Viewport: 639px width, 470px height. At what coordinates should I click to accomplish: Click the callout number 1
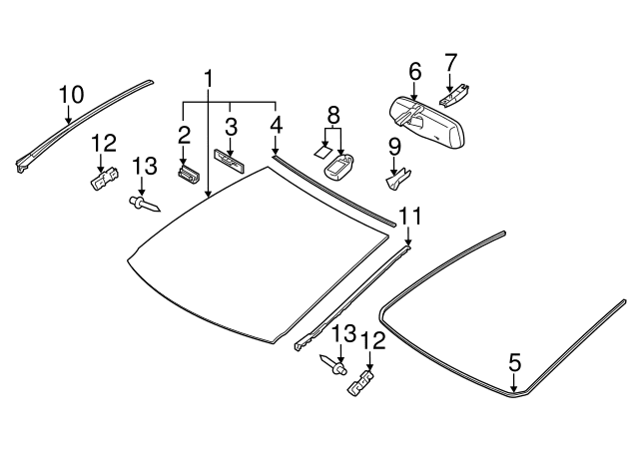(210, 78)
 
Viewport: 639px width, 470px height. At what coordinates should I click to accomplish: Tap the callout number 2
(185, 135)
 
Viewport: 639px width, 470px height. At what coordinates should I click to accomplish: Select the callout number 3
(231, 128)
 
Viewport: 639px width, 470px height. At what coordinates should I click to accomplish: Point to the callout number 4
(276, 126)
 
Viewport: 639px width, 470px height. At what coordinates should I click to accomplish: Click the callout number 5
(514, 362)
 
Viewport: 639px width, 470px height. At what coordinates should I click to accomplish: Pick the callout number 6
(415, 71)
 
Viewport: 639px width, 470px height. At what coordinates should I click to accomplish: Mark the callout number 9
(395, 147)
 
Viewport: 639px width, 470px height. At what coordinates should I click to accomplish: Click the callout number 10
(70, 96)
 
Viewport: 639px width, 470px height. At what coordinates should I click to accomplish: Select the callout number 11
(410, 217)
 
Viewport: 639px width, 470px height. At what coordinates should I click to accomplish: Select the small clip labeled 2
(187, 174)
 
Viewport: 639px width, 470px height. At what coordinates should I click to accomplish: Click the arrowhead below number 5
(514, 390)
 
